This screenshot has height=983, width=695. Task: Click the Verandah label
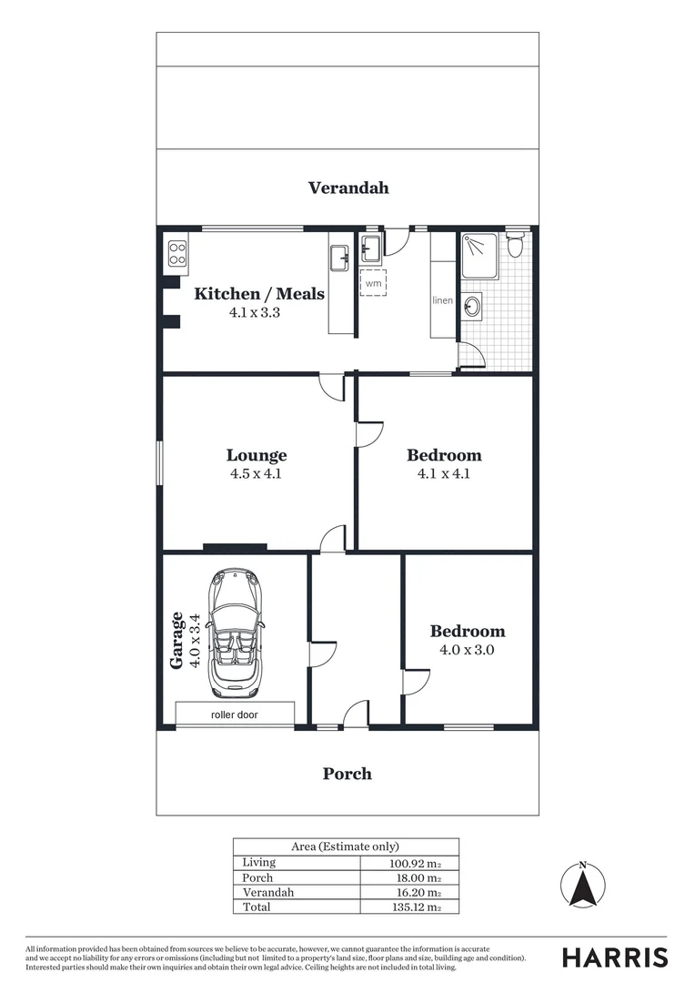click(x=348, y=187)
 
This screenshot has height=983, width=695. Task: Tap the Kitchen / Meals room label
click(x=259, y=294)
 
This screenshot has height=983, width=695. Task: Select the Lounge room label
click(x=257, y=455)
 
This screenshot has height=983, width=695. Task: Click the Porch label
click(x=347, y=774)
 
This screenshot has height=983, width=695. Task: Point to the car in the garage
click(x=235, y=631)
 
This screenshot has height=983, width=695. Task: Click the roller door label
click(x=235, y=714)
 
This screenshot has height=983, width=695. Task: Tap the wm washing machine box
click(x=373, y=283)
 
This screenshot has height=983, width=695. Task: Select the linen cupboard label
click(x=442, y=300)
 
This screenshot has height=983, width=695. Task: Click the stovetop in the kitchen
click(x=176, y=251)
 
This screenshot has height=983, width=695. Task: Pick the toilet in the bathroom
click(x=516, y=244)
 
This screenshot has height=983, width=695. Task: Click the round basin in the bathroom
click(x=472, y=307)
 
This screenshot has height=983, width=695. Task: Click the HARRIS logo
click(x=615, y=957)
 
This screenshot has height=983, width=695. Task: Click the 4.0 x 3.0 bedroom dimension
click(x=468, y=650)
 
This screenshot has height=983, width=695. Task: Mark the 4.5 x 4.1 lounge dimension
click(x=257, y=473)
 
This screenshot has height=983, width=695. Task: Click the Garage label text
click(x=177, y=640)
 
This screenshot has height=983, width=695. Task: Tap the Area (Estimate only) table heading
click(x=345, y=846)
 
